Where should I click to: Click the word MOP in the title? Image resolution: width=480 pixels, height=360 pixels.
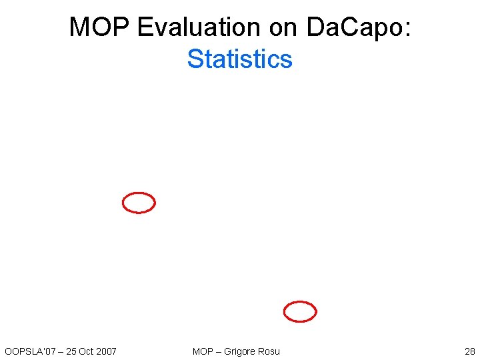[100, 27]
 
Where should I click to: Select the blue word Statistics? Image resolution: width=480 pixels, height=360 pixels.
[240, 59]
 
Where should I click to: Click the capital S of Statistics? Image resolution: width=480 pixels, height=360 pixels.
[195, 59]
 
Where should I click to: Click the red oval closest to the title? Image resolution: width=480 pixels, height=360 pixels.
[139, 203]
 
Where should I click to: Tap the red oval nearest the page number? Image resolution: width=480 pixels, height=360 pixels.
[300, 311]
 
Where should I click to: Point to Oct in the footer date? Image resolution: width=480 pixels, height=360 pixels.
[86, 351]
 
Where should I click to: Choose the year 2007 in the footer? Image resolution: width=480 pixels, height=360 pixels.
[106, 351]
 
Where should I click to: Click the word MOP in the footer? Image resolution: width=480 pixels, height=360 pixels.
[203, 351]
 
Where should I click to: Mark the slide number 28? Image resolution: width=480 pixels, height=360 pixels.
[469, 351]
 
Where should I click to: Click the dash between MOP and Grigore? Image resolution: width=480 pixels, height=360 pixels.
[219, 351]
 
